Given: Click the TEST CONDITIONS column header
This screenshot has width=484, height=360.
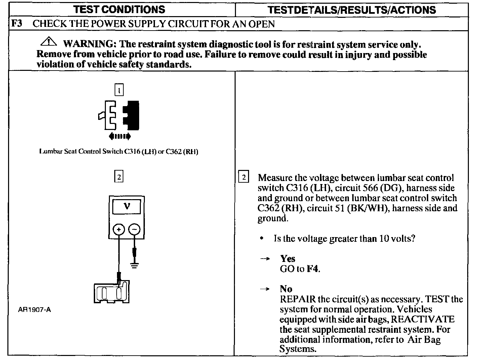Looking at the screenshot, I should click(x=119, y=9).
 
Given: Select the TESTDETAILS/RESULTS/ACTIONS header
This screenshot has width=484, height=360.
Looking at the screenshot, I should click(x=352, y=10).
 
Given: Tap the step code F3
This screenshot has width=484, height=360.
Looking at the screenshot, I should click(x=17, y=24).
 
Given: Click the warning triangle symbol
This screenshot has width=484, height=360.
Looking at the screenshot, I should click(x=49, y=42).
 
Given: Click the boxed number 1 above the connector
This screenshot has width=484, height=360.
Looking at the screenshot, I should click(x=119, y=90).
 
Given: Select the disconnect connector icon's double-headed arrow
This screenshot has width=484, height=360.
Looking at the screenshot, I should click(x=120, y=136).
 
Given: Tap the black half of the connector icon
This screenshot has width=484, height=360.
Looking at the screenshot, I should click(x=132, y=115).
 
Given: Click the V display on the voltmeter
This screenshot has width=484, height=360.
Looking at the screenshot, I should click(x=127, y=207).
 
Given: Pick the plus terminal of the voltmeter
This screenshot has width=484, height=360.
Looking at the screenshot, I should click(x=119, y=230).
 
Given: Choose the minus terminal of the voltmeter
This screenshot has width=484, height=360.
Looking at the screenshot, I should click(x=134, y=230).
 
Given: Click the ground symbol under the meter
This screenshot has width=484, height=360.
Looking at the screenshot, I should click(x=134, y=265).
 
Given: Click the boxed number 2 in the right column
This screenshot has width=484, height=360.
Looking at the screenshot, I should click(x=244, y=177).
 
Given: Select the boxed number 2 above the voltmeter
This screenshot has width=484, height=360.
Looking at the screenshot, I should click(x=119, y=176).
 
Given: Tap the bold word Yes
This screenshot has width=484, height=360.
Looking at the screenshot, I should click(x=288, y=259).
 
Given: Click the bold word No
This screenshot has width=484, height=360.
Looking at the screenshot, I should click(x=286, y=289).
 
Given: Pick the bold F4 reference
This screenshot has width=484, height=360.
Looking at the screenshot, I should click(x=313, y=269).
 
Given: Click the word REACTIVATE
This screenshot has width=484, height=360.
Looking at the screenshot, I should click(x=422, y=319).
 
